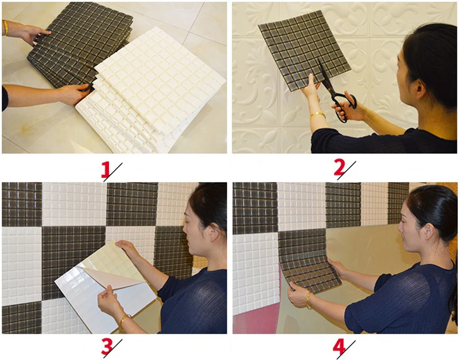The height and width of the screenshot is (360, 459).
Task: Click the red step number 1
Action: click(105, 171)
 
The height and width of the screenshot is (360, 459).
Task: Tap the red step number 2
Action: click(339, 168)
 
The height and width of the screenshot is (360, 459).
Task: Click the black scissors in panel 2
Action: click(337, 94)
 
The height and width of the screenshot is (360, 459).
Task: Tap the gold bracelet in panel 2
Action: click(318, 115)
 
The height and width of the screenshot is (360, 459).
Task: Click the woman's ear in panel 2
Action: click(420, 88)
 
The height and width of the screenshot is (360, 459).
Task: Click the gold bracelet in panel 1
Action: click(5, 28)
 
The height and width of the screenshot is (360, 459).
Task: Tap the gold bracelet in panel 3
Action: click(125, 320)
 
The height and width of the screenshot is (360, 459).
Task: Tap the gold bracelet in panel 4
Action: click(309, 300)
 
